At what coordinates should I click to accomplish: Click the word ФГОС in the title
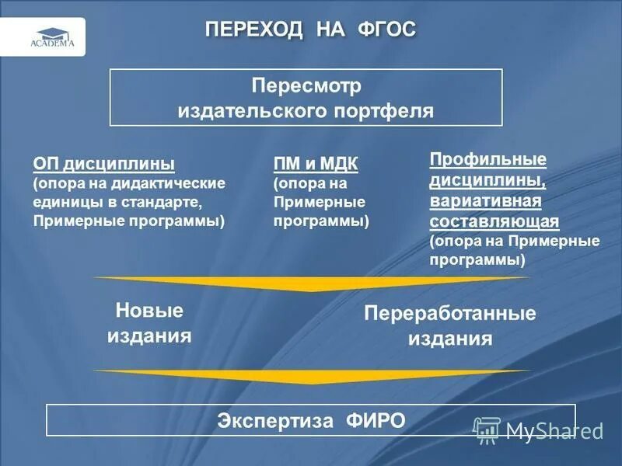[x=386, y=30]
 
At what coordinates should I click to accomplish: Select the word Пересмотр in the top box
[x=306, y=84]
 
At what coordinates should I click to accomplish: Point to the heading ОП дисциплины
[x=103, y=165]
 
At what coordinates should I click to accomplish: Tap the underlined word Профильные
[x=488, y=160]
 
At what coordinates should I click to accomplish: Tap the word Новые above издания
[x=149, y=311]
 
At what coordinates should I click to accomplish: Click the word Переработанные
[x=450, y=315]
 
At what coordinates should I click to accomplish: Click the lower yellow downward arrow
[x=311, y=377]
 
